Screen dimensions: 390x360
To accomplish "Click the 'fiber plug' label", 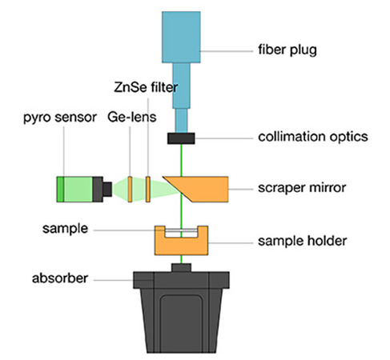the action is coord(287,50).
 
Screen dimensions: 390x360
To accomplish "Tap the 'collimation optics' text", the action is coord(313,137).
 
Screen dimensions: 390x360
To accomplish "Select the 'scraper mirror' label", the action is coord(302,188).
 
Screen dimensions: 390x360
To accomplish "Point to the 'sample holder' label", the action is coord(302,241).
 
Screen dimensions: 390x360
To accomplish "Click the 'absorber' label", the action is coord(60,278).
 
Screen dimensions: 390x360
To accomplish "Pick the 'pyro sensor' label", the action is coord(60,118).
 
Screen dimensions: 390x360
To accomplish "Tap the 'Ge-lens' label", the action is coord(132,117).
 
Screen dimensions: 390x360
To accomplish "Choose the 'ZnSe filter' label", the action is coord(146,87).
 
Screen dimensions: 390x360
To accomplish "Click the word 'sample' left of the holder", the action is coord(65,229).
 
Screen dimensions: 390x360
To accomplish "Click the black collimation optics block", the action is coord(181,138).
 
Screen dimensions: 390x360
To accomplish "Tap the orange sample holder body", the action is coord(181,246).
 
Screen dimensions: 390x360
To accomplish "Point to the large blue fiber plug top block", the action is coord(181,37).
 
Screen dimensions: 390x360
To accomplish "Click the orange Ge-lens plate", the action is coord(130,189).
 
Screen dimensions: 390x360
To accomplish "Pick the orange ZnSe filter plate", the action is coord(148,189).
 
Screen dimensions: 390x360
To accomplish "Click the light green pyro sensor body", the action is coord(78,189).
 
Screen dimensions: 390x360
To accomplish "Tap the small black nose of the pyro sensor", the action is coord(107,189).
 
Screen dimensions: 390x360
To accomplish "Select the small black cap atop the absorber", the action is coord(181,268).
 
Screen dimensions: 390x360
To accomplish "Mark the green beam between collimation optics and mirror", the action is coord(181,160).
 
